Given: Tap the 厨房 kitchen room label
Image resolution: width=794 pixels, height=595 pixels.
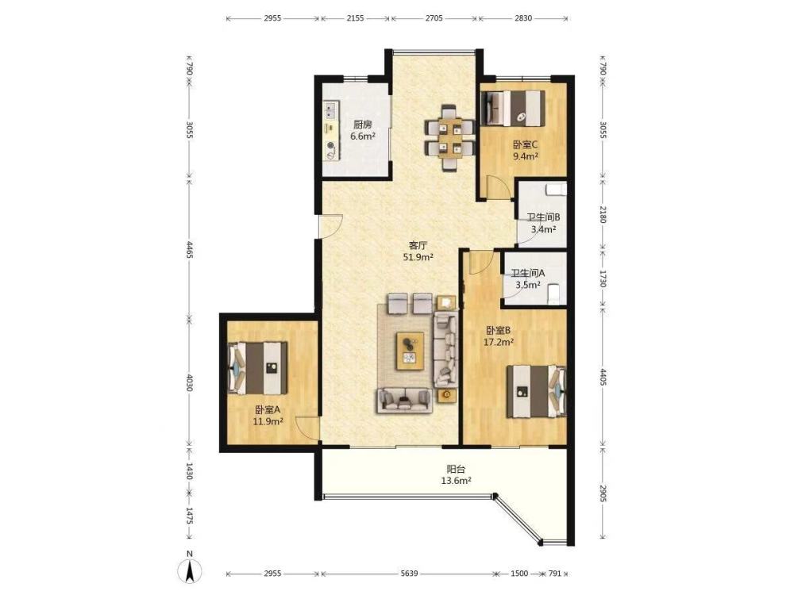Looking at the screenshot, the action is coord(363,125).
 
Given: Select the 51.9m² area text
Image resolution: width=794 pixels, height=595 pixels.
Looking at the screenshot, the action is coord(418,257).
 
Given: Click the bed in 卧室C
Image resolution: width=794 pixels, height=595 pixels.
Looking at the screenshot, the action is coord(513,108).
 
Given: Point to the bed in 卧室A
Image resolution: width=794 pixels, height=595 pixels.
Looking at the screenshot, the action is coord(258,368).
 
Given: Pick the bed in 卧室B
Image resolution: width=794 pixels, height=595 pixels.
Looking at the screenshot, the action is coord(536,391).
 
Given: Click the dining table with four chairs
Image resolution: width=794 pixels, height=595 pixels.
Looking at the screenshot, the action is coord(449,137).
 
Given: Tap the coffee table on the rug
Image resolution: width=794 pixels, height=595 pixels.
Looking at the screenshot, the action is coord(410,351).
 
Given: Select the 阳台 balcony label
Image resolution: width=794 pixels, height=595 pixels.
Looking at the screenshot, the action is coord(456,469).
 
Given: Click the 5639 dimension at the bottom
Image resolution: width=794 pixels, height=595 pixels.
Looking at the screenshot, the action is coord(409,574).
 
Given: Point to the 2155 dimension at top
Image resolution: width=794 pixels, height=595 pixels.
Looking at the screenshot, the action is coord(355,18).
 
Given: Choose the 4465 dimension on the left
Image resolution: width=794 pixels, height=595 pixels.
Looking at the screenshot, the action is coord(189,249).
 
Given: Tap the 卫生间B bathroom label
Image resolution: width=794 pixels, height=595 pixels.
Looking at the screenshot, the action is coord(543,217).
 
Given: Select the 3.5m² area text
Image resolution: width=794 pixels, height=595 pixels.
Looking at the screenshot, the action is coord(528,284).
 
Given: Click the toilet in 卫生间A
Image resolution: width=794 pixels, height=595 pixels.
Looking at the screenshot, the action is coord(555,294).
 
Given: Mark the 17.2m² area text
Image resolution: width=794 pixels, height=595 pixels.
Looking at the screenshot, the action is coord(499,342).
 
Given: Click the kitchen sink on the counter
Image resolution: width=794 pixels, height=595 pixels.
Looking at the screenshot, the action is coord(332,108).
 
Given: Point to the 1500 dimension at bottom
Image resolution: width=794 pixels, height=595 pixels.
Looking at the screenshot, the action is coord(519,574).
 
